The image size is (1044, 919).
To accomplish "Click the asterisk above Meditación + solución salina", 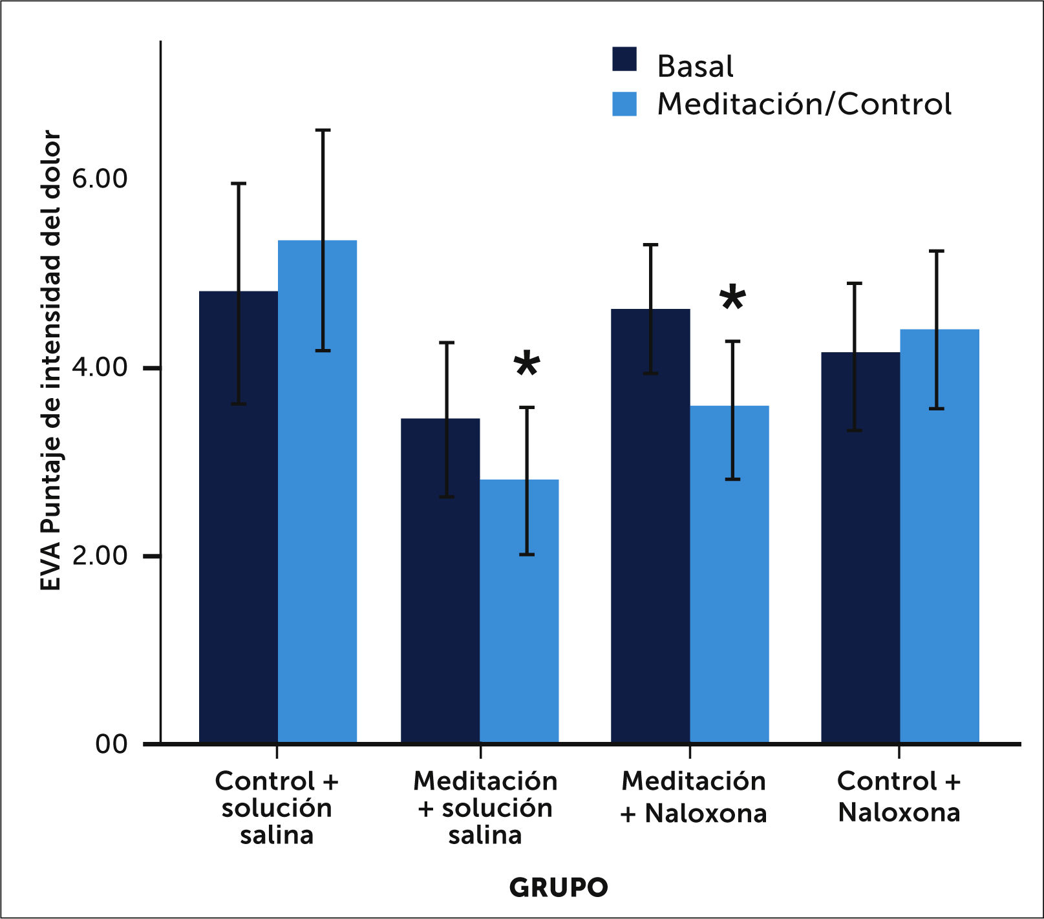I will [527, 364].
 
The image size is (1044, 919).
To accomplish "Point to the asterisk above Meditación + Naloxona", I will [732, 298].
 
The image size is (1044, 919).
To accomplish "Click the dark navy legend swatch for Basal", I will [624, 59].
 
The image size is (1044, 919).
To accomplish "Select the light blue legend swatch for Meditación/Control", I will [624, 104].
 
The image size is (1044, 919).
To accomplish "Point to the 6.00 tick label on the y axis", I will [100, 178].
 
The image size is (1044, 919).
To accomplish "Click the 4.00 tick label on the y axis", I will [100, 367].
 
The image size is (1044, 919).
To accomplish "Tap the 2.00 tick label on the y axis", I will [100, 555].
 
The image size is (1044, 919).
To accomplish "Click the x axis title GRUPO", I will [559, 887].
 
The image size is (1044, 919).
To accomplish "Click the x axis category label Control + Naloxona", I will [899, 796].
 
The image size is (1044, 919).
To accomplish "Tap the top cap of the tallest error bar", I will [323, 131].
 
